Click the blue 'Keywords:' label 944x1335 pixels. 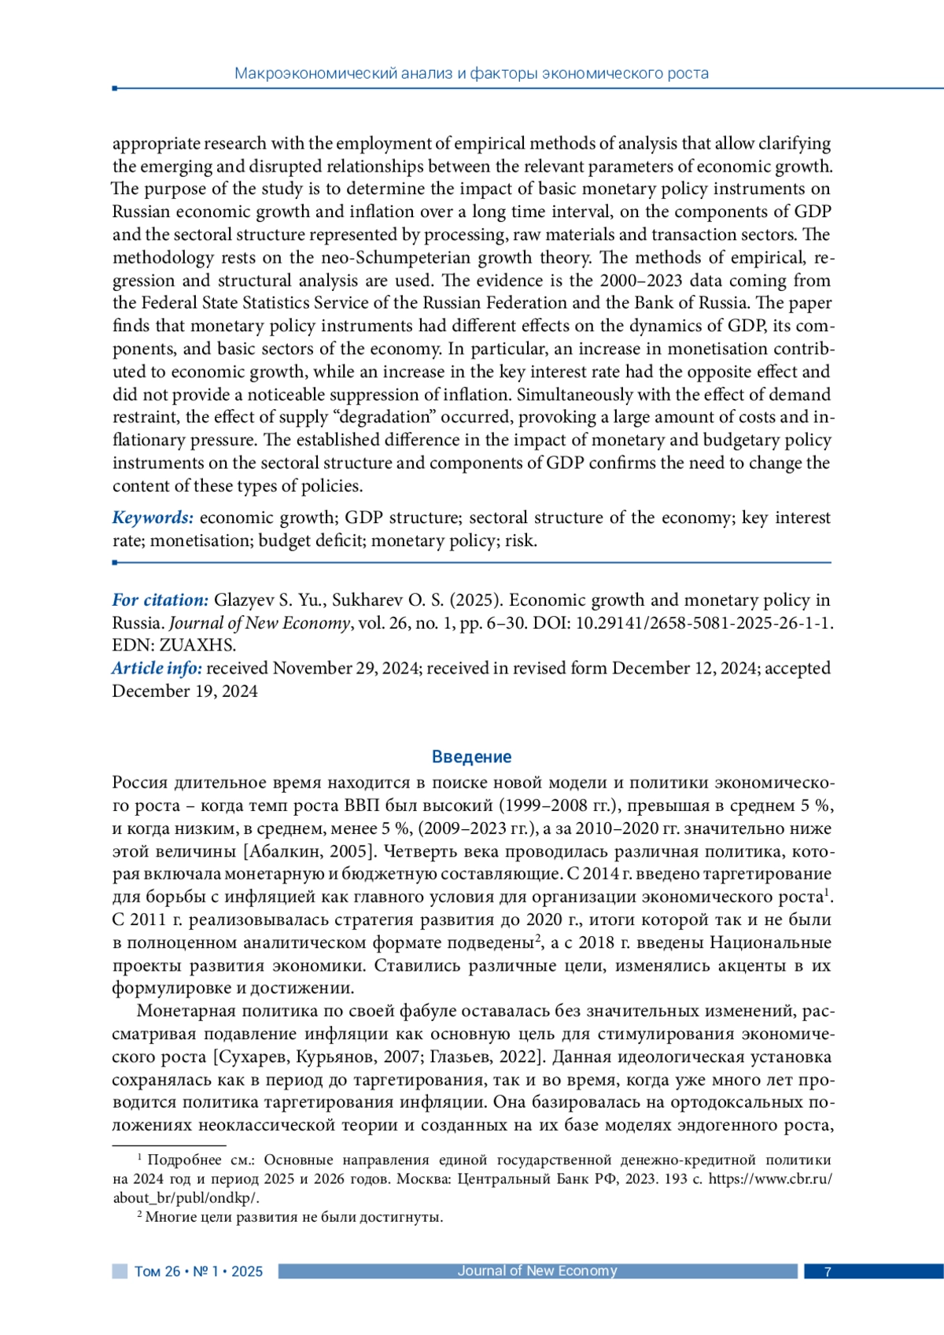click(153, 518)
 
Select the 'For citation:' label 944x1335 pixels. click(160, 600)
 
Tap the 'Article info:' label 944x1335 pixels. click(157, 669)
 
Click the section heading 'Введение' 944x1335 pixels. click(471, 757)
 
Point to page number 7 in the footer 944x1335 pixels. click(827, 1271)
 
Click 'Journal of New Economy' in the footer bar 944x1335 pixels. click(537, 1270)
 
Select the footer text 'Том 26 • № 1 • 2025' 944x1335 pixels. click(198, 1271)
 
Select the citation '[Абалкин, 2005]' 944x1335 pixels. click(310, 851)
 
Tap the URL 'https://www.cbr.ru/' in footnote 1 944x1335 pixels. click(770, 1179)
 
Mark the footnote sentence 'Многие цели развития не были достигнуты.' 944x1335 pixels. click(294, 1218)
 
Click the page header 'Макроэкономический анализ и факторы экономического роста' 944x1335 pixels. click(471, 74)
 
